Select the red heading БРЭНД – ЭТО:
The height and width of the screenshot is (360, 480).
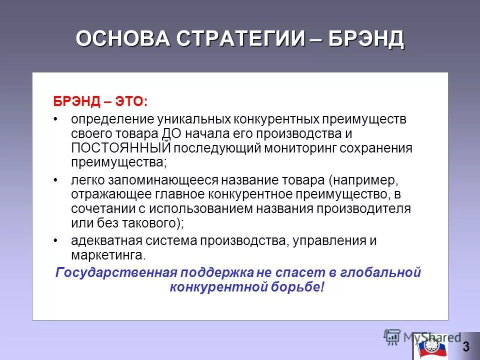[x=100, y=101]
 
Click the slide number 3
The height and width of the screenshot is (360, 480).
[x=466, y=346]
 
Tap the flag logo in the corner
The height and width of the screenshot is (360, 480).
[x=428, y=346]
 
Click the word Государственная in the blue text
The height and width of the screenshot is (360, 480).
[x=117, y=273]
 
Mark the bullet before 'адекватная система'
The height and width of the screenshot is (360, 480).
[x=56, y=240]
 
